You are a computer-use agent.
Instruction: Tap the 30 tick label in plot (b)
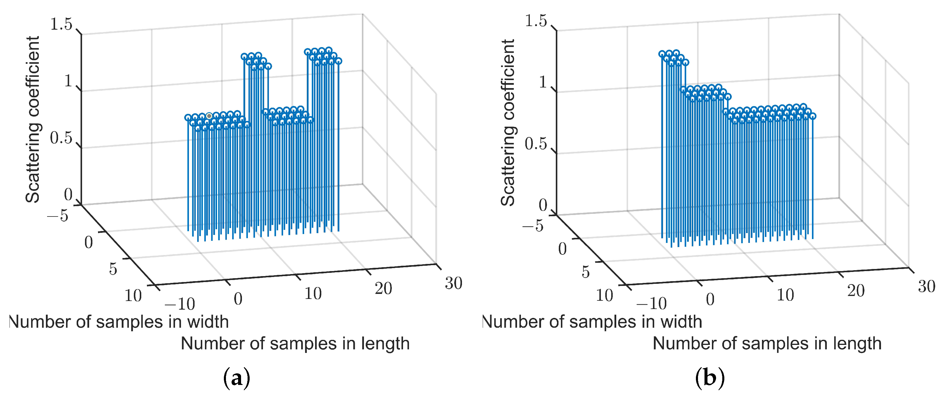(926, 286)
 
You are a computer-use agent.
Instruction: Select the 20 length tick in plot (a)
(383, 289)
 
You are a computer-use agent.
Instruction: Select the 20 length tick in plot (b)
(856, 291)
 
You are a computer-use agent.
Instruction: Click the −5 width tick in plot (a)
(58, 215)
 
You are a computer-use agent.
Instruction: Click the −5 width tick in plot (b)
(533, 226)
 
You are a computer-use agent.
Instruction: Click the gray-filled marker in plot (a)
(209, 116)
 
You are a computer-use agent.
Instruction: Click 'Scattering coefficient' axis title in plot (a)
(32, 119)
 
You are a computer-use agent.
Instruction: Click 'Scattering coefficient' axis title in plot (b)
(508, 123)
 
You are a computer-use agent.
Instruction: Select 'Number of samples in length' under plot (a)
(295, 344)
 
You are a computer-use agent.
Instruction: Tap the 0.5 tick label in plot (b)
(536, 144)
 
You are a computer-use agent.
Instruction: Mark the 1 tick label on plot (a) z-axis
(68, 81)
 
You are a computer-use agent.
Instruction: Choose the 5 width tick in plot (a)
(113, 269)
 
